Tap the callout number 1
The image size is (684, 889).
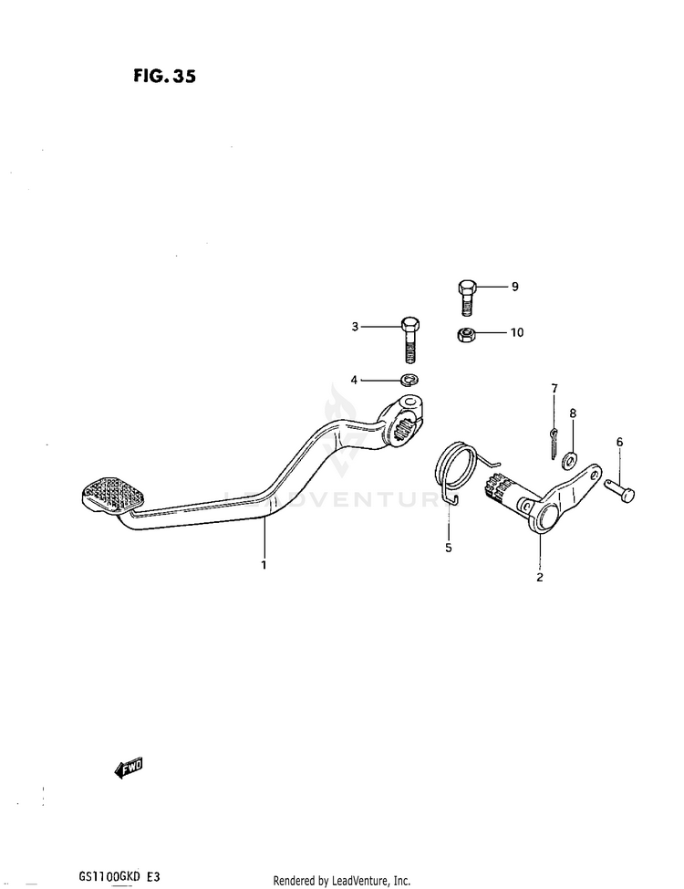[264, 565]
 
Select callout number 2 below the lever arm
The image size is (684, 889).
[539, 577]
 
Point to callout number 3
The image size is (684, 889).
[357, 325]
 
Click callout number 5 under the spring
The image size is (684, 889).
[448, 549]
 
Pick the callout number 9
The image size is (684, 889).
[514, 287]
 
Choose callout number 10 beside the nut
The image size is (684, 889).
[516, 332]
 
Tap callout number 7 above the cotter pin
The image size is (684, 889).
[554, 389]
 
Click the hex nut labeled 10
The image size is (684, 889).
[464, 335]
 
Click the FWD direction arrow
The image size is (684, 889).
[129, 769]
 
